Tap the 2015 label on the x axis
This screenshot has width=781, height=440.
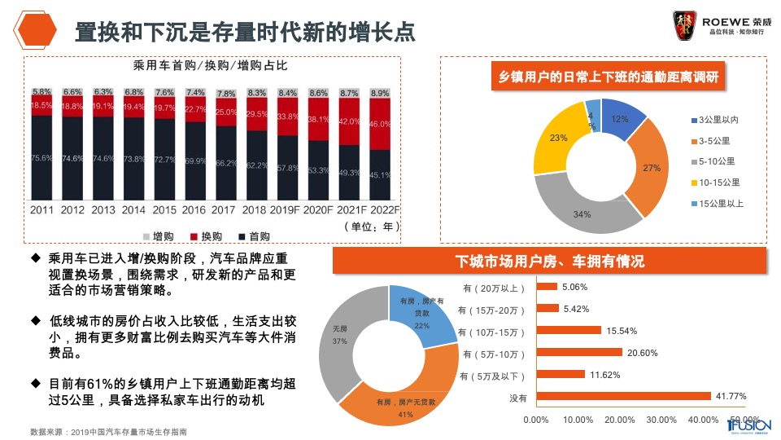(164, 209)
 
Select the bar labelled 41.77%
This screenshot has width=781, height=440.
(623, 397)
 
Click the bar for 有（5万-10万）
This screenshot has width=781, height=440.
(579, 353)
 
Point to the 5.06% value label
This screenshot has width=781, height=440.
(574, 287)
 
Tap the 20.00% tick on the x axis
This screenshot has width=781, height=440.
(621, 420)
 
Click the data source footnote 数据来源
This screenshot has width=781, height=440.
(108, 431)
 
